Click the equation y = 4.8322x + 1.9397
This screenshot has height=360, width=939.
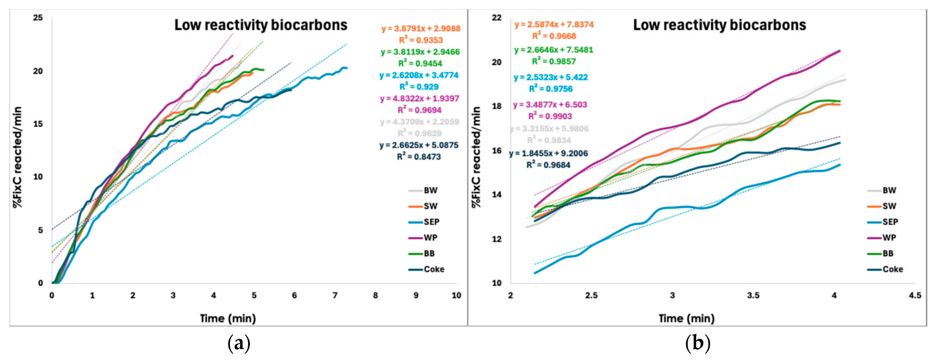tap(419, 98)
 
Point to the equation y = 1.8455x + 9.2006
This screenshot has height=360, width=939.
tap(548, 153)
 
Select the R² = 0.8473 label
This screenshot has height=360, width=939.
tap(419, 157)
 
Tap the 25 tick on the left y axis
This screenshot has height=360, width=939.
tap(38, 17)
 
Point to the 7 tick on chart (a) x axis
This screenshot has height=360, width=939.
tap(335, 296)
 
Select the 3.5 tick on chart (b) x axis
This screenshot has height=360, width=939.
tap(753, 296)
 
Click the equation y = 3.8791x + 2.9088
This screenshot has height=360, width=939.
tap(421, 28)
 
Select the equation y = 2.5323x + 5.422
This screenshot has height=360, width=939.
tap(550, 77)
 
